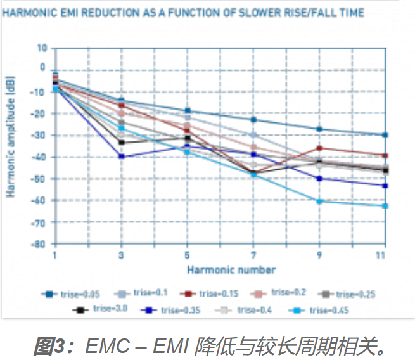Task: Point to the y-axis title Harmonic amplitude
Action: pos(11,136)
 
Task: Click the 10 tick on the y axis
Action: pos(42,48)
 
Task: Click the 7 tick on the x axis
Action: pos(253,255)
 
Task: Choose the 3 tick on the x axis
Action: pos(121,255)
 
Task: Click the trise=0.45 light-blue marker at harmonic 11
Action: pos(385,206)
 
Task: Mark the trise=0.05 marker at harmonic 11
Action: pos(385,135)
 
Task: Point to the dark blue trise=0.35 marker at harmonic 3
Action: pos(121,156)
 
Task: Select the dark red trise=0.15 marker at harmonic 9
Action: pos(319,148)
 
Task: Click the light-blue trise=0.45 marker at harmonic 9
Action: pos(319,202)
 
